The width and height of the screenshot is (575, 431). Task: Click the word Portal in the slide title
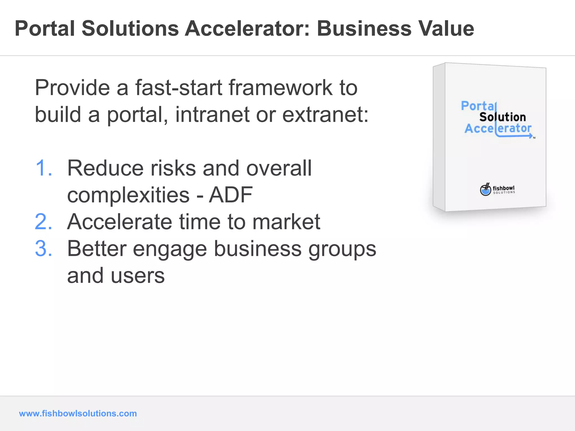pyautogui.click(x=45, y=29)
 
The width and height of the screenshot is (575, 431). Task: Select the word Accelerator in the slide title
pyautogui.click(x=247, y=29)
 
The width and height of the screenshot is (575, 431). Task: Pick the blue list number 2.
pyautogui.click(x=44, y=222)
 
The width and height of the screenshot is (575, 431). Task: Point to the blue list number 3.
pyautogui.click(x=44, y=249)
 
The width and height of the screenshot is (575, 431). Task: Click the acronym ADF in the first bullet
pyautogui.click(x=231, y=195)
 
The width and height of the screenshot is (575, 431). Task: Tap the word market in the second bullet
pyautogui.click(x=286, y=222)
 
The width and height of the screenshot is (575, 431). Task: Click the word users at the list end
pyautogui.click(x=138, y=276)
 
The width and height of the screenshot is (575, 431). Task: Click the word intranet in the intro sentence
pyautogui.click(x=212, y=115)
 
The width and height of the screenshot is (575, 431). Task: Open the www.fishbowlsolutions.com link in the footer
pyautogui.click(x=78, y=413)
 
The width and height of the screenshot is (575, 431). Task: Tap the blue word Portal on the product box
pyautogui.click(x=478, y=106)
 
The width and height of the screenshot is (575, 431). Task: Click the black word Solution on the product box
pyautogui.click(x=502, y=117)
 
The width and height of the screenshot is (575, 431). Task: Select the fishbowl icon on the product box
pyautogui.click(x=485, y=190)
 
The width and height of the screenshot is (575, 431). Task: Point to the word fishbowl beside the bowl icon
pyautogui.click(x=504, y=188)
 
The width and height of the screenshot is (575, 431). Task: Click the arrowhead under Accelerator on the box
pyautogui.click(x=531, y=136)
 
